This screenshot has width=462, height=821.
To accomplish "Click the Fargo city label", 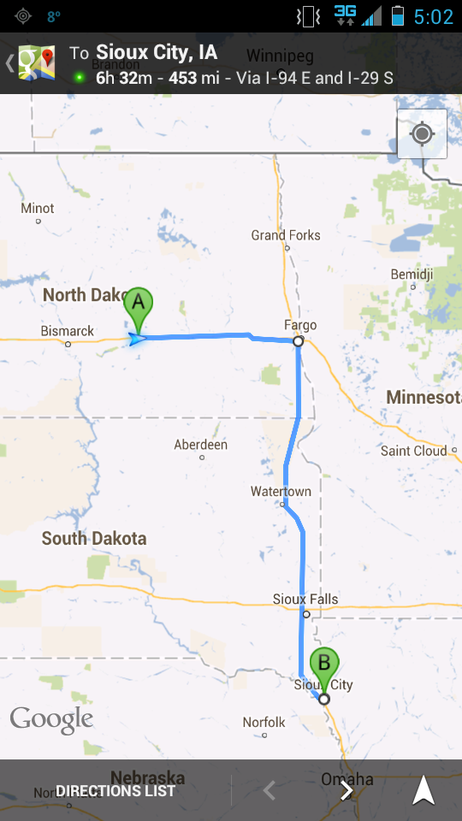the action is (x=300, y=325).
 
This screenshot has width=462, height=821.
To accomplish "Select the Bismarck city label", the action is (x=68, y=331).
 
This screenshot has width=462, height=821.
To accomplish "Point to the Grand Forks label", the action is (x=286, y=235).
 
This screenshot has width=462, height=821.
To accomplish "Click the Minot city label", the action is (x=38, y=208).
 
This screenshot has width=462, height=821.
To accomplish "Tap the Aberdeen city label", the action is (x=201, y=445).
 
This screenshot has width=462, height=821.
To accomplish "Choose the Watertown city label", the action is (x=281, y=492).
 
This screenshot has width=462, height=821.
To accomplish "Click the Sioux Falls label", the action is (x=305, y=600).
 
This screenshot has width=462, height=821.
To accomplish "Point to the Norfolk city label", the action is (x=264, y=723).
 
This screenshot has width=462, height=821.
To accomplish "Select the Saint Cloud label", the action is (x=414, y=451).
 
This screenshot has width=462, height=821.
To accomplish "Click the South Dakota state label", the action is (x=94, y=539).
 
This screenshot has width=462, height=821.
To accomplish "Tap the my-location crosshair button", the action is (x=422, y=134).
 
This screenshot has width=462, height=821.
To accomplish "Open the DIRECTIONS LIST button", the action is (x=115, y=791).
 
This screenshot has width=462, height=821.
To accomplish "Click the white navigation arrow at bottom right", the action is (x=423, y=791).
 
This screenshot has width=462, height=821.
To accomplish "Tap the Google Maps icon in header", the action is (x=37, y=63).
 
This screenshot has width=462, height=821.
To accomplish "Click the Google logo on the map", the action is (x=51, y=719).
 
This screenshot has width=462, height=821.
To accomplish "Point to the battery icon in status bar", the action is (x=398, y=16).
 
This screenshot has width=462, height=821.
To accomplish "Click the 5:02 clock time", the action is (x=433, y=16).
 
